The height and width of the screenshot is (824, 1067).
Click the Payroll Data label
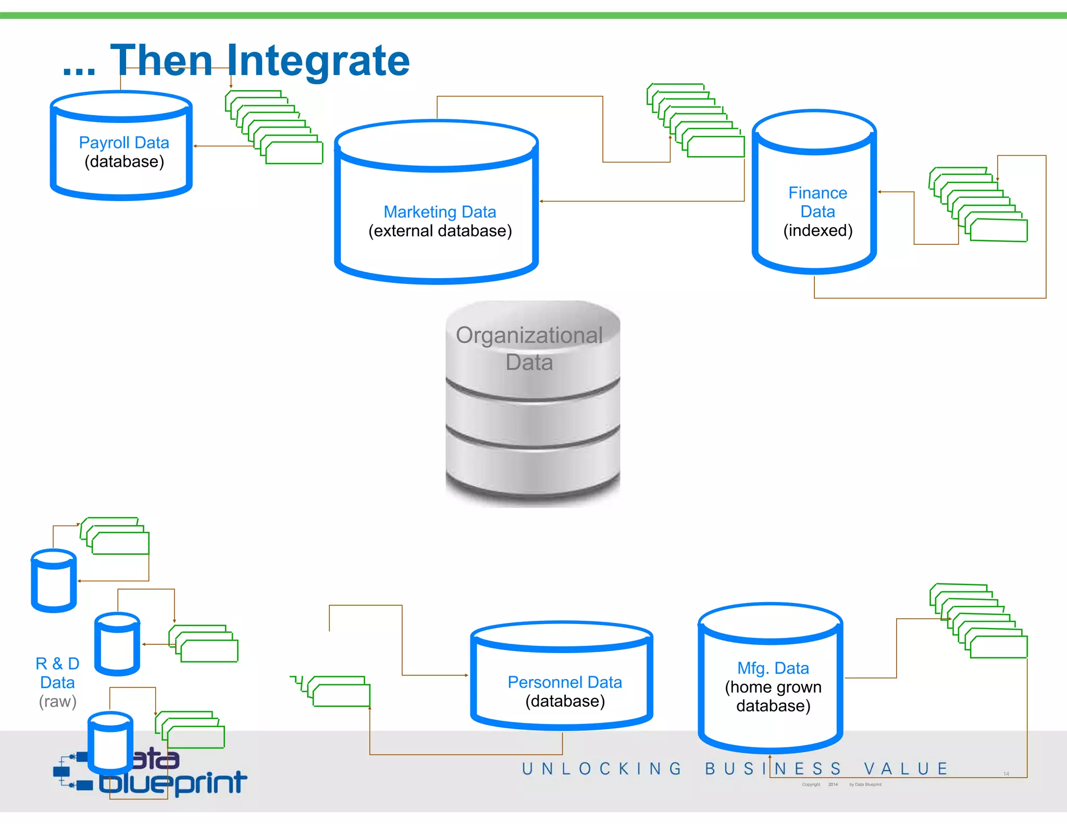point(124,142)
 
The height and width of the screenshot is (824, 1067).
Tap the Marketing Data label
point(440,212)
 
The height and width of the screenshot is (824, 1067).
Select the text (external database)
point(440,231)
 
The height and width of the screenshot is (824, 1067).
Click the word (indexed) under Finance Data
point(817,230)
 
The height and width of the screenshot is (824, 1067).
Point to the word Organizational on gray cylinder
point(529,335)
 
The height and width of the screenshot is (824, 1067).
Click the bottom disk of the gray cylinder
point(532,466)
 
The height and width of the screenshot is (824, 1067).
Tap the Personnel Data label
point(565,682)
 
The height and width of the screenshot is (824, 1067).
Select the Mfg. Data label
point(773,668)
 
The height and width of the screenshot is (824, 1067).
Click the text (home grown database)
point(773,696)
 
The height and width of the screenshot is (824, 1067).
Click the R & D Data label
point(57,672)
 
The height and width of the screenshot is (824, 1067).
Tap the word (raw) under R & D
point(57,701)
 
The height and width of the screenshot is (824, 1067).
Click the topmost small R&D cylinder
point(54,581)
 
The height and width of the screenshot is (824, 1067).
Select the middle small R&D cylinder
point(117,644)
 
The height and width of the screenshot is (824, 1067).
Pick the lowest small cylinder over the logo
point(110,743)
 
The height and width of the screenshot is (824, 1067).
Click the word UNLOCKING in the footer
point(602,769)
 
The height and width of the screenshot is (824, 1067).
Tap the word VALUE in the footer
point(905,769)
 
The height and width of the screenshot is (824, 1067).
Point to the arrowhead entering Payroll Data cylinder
point(195,146)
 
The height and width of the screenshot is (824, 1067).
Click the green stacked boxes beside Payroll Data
point(274,128)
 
